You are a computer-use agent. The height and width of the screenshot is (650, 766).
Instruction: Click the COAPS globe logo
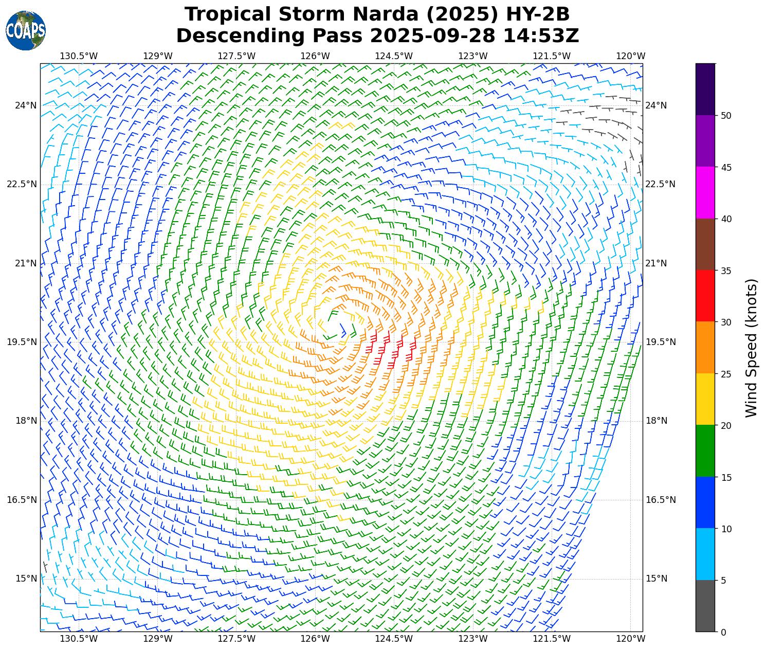(x=26, y=30)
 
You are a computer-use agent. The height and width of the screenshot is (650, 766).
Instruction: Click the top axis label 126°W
(x=315, y=56)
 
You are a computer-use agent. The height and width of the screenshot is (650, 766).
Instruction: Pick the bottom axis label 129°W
(x=157, y=639)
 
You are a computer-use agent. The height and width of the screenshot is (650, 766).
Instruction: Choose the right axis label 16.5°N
(x=661, y=500)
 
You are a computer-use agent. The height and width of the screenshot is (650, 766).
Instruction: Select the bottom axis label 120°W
(x=631, y=639)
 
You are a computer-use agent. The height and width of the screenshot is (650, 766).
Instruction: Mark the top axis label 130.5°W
(x=79, y=56)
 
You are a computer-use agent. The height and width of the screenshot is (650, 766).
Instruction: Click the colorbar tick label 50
(x=726, y=116)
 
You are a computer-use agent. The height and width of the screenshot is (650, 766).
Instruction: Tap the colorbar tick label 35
(x=726, y=270)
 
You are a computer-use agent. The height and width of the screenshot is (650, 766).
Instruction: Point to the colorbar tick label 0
(x=723, y=632)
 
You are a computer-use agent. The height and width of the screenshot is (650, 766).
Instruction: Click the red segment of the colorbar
(x=705, y=296)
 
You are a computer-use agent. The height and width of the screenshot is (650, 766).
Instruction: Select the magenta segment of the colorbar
(x=705, y=192)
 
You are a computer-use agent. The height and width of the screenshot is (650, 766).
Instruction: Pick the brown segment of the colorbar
(x=705, y=244)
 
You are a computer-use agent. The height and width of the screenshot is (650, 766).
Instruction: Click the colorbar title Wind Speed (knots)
(x=751, y=348)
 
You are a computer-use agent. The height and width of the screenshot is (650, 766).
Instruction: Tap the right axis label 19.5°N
(x=661, y=342)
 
